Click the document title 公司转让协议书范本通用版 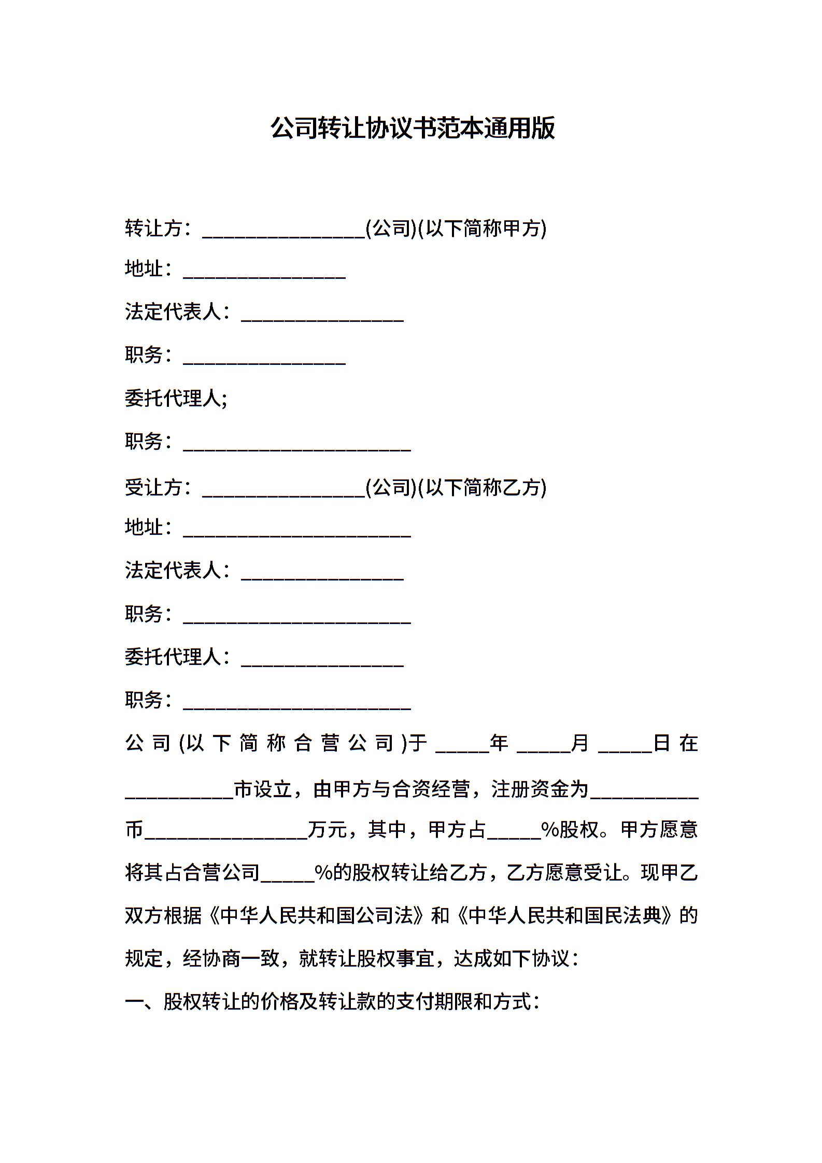[413, 128]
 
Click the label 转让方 [153, 228]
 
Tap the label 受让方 [153, 487]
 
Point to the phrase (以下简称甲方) [482, 228]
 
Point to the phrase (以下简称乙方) [482, 487]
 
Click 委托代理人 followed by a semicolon [176, 398]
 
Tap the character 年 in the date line [499, 743]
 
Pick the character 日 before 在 [662, 743]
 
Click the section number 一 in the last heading [134, 1002]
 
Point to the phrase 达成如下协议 [512, 959]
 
